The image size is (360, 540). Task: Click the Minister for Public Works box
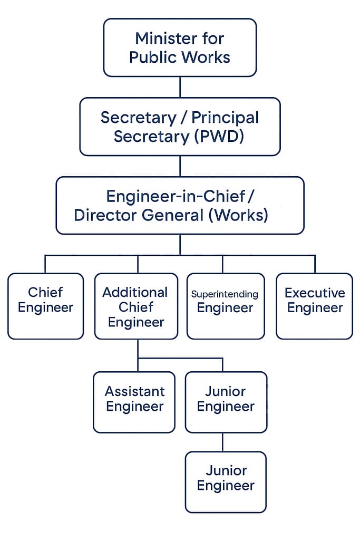180,47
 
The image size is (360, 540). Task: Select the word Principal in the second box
225,117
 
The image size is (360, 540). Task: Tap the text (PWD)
220,136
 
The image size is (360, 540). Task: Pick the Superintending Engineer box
226,306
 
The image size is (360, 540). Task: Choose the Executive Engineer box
315,306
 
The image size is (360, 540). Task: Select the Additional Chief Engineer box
136,306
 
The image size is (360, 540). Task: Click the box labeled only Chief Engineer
45,306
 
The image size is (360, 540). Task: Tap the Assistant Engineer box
134,402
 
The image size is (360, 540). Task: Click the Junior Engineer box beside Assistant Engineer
226,402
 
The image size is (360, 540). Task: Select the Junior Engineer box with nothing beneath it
226,481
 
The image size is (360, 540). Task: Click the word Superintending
225,294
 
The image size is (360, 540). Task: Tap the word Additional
135,292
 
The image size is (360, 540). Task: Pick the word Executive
315,293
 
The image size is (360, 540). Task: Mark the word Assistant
134,391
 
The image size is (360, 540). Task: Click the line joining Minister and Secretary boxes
180,87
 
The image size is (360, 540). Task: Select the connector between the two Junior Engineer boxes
222,442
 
